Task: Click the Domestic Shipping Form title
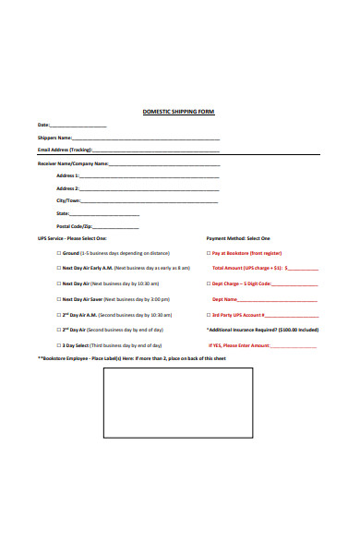click(x=178, y=112)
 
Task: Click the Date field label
click(x=43, y=126)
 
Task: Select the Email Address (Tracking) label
click(x=65, y=151)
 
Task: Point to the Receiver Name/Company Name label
click(x=73, y=163)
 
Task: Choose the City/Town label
click(x=68, y=200)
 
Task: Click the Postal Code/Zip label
click(x=75, y=226)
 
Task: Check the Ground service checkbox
click(x=59, y=252)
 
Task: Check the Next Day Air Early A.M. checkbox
click(x=59, y=268)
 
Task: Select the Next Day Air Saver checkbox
click(x=59, y=299)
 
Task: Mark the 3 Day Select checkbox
click(x=59, y=345)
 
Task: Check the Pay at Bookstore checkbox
click(x=209, y=252)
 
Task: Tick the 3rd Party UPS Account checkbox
click(x=209, y=315)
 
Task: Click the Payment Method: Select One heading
click(x=238, y=238)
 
